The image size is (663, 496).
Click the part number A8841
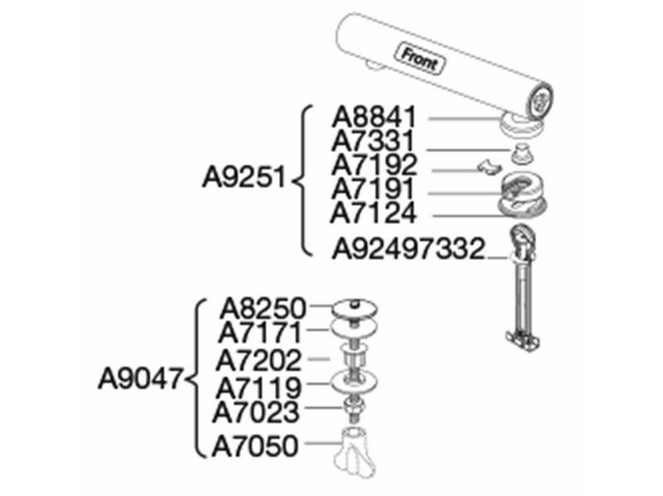coord(375,117)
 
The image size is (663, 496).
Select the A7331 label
coord(374,141)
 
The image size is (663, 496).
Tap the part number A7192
coord(375,165)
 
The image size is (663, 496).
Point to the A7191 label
coord(374,189)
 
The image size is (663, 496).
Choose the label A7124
coord(374,213)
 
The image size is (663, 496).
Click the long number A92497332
coord(409,248)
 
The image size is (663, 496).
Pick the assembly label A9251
coord(244,176)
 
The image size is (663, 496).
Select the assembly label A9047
coord(141,378)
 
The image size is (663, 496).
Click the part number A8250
coord(263,308)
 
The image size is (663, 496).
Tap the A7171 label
coord(260,333)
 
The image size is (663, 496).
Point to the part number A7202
coord(259,360)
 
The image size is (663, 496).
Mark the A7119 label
coord(259,388)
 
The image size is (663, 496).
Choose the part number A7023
coord(256,412)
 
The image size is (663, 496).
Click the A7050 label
coord(255,445)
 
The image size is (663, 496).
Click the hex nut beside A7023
coord(354,407)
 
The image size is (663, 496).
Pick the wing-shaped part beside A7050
coord(355,452)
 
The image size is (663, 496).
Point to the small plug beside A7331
coord(521,152)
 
